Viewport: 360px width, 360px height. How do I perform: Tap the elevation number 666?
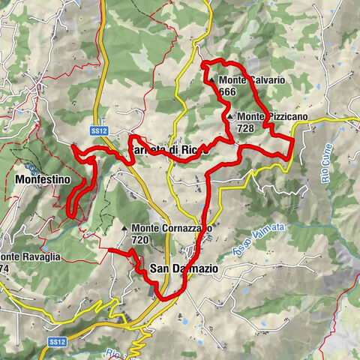click(228, 91)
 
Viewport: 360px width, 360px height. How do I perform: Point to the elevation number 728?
click(246, 128)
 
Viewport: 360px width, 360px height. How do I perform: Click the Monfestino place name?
click(41, 180)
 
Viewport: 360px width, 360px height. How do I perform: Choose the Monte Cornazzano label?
click(172, 228)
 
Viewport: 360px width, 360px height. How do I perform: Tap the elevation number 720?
click(139, 240)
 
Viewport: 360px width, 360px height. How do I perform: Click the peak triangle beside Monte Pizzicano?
click(230, 116)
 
